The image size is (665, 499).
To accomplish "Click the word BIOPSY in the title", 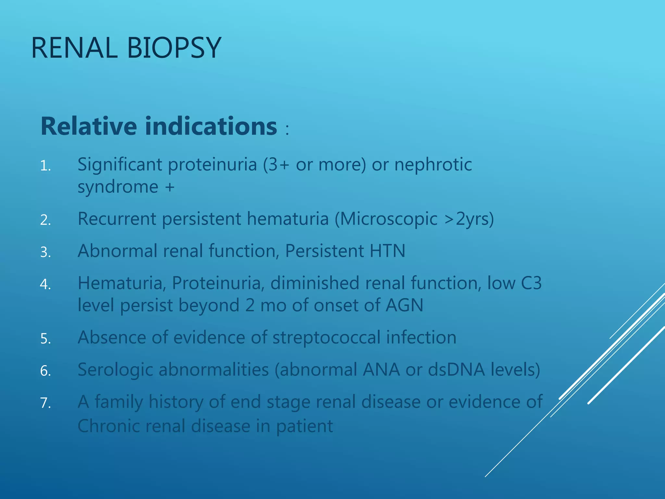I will click(174, 48).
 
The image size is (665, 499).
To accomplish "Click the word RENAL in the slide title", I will click(74, 48).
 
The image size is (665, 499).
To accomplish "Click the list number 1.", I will click(45, 166).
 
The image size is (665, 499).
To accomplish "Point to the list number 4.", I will click(45, 284).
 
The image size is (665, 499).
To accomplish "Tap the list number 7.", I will click(45, 403).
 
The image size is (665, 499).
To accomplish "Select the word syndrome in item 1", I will click(118, 187).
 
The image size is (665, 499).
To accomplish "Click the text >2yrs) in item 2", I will click(469, 219).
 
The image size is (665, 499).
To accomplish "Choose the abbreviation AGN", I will click(404, 305).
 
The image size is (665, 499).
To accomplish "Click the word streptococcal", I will click(326, 337).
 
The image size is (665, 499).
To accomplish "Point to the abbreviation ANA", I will click(381, 369).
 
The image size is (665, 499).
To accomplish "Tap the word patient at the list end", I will click(305, 426).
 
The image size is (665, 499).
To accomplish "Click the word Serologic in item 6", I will click(115, 369).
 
